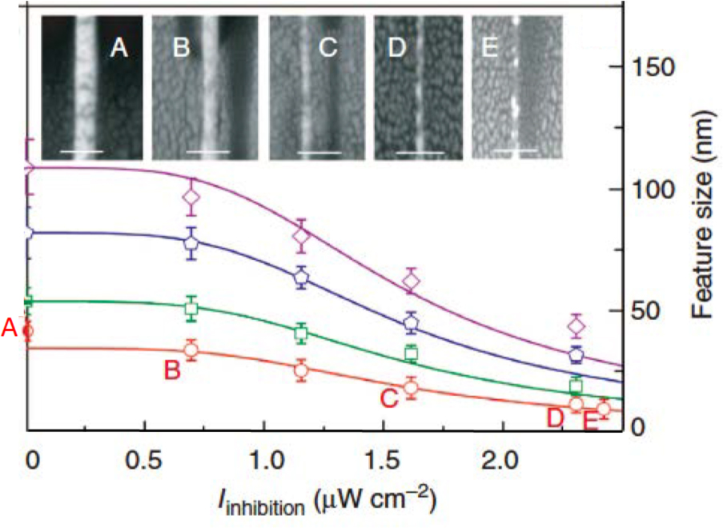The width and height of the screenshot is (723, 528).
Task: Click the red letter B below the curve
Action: point(171,371)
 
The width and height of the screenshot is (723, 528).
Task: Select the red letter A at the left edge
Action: point(10,328)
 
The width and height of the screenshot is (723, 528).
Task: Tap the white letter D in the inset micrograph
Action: point(396,49)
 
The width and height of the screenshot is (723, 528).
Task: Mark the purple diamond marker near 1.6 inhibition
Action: point(412,281)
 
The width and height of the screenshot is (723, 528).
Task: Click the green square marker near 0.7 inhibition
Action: point(191,309)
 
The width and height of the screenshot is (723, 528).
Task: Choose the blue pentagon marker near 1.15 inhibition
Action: point(301,278)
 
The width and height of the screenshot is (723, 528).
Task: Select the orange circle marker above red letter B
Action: point(191,350)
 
